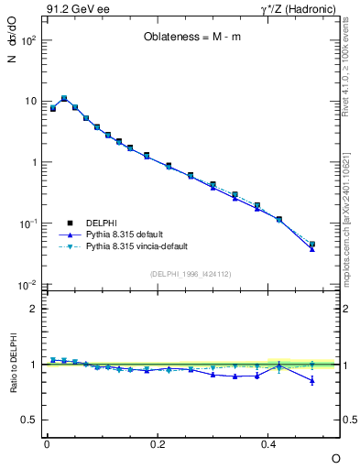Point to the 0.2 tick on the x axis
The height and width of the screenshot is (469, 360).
(x=158, y=443)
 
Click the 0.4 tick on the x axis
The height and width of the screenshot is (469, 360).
(x=268, y=443)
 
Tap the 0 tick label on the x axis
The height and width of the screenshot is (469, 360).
(x=47, y=443)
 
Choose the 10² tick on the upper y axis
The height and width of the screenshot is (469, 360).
(x=29, y=40)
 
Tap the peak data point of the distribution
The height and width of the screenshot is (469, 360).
(x=64, y=98)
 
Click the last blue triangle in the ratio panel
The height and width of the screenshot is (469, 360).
(x=312, y=380)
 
